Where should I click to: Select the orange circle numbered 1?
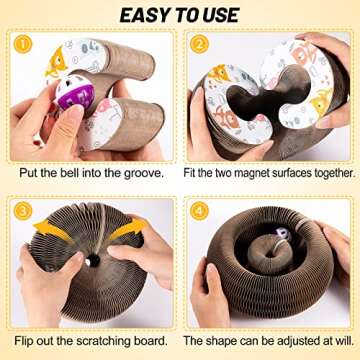23,45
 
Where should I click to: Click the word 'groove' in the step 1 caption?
143,171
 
